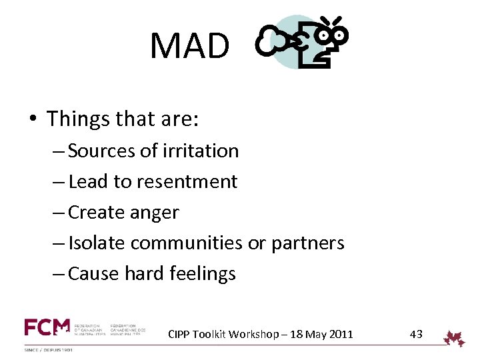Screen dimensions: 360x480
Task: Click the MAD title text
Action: point(189,46)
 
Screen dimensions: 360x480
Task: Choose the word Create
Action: point(100,213)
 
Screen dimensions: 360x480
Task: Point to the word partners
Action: point(307,243)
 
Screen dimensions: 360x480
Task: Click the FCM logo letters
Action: point(47,327)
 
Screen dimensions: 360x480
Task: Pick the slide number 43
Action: point(416,334)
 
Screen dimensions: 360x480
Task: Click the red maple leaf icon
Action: point(455,337)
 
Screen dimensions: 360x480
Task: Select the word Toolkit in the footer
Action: point(213,335)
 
